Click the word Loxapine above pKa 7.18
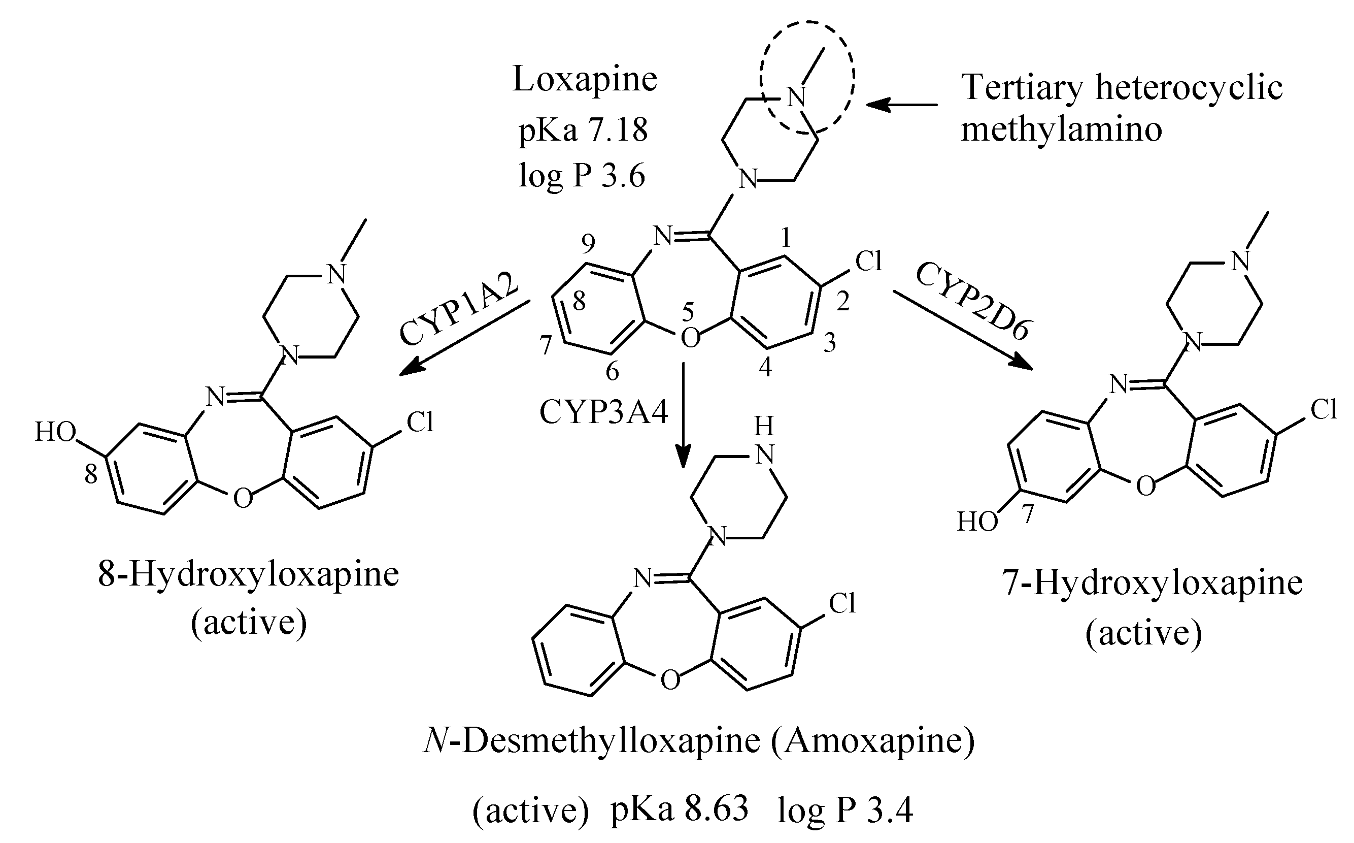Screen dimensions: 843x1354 [585, 80]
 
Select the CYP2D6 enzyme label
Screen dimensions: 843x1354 [972, 301]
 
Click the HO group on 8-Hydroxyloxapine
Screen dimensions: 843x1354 [55, 432]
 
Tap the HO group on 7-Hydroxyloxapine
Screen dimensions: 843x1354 [977, 523]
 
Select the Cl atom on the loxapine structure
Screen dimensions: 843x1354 [869, 261]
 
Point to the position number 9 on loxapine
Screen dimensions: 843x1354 [588, 244]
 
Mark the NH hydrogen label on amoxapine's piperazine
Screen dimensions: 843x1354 [764, 427]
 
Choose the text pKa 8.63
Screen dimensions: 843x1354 [679, 810]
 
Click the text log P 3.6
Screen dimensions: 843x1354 [582, 176]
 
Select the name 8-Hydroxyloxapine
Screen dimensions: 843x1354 [249, 575]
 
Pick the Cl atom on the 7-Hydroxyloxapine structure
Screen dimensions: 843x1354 [1324, 410]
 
